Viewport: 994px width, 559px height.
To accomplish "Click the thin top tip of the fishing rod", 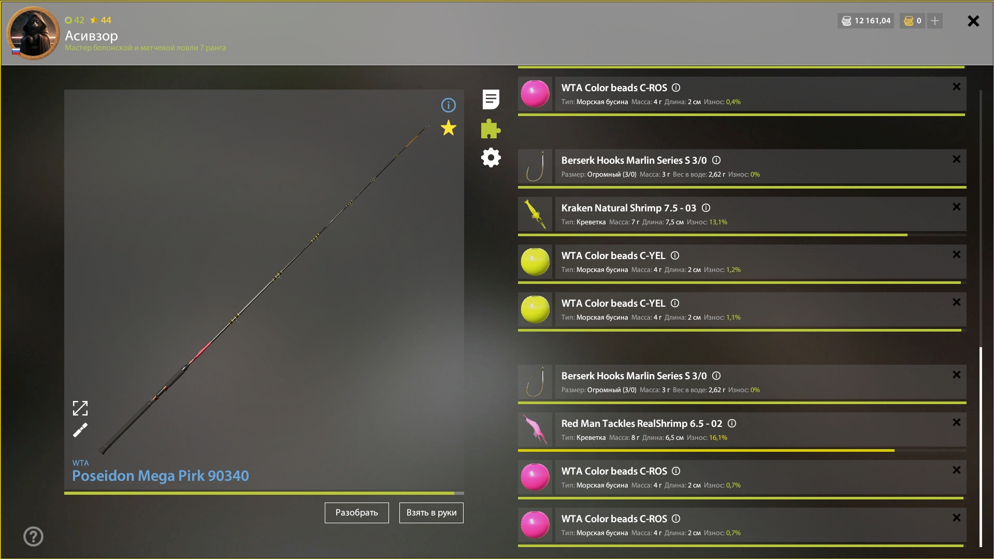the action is [x=429, y=126].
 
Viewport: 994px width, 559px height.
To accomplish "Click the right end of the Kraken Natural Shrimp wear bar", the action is [x=907, y=235].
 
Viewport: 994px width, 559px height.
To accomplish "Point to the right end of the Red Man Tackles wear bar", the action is [x=894, y=450].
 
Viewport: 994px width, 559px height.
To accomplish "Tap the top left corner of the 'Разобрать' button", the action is [x=325, y=503].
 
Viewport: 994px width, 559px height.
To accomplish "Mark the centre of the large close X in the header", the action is [x=973, y=21].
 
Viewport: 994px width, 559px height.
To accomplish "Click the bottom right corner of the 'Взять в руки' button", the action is [x=464, y=523].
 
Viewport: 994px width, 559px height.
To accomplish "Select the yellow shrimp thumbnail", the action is [x=535, y=213].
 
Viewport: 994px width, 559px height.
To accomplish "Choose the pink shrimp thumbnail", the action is [x=535, y=429].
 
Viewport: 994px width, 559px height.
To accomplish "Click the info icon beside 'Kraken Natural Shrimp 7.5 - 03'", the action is [x=706, y=208].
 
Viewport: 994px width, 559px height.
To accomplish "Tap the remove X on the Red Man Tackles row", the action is [x=956, y=422].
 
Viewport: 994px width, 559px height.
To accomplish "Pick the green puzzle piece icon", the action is [x=491, y=129].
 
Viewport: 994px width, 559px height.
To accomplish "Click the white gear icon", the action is [x=491, y=157].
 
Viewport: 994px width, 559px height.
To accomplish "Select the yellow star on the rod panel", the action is [x=449, y=127].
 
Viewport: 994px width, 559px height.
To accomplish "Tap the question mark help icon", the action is [x=33, y=536].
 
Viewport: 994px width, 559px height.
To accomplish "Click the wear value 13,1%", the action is [x=718, y=222].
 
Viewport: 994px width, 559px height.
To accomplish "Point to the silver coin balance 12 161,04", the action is [x=872, y=21].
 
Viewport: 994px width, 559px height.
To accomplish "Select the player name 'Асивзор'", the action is [x=91, y=36].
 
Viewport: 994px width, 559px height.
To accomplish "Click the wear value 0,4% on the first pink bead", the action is [x=733, y=102].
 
